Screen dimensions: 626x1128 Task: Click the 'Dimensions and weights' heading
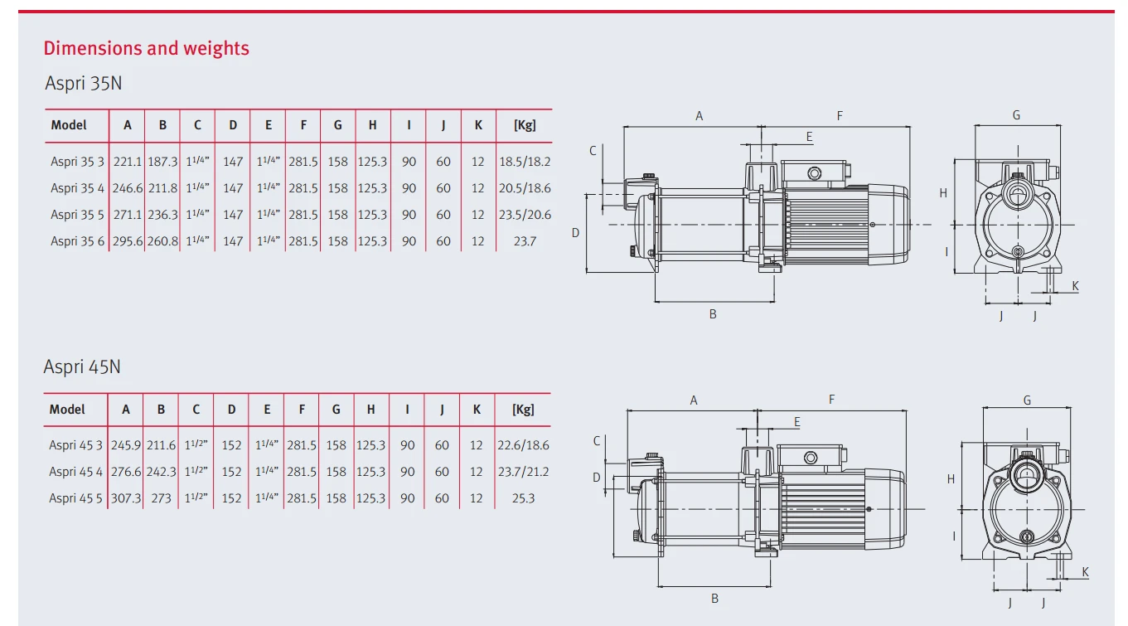[146, 48]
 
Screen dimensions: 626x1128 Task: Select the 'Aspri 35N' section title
[83, 83]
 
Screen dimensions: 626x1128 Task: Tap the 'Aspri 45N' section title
[82, 366]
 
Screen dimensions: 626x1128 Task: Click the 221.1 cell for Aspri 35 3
[128, 162]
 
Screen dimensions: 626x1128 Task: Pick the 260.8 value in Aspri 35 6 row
[162, 241]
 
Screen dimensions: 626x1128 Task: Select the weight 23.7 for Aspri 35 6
[525, 241]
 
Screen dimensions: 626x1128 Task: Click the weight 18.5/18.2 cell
[525, 162]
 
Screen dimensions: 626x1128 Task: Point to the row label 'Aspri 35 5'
[77, 215]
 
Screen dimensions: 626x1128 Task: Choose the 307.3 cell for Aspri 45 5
[126, 498]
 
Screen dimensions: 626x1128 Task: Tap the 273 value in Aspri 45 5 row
[161, 498]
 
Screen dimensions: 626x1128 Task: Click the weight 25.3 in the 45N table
[524, 498]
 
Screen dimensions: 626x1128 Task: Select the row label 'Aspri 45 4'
[75, 472]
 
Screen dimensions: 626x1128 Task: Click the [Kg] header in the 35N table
[525, 125]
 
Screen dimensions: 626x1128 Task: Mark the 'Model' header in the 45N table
[67, 409]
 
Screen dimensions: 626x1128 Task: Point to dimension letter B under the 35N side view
[713, 314]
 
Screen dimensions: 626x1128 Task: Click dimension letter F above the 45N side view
[832, 400]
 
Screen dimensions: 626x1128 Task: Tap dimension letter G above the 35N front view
[1016, 115]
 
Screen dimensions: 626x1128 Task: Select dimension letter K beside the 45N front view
[1086, 572]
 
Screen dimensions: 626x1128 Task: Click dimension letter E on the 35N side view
[809, 137]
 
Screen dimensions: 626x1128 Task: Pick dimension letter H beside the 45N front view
[951, 478]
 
